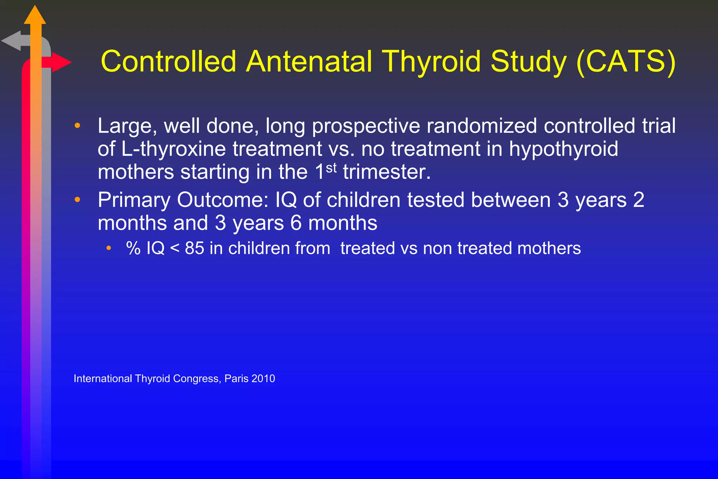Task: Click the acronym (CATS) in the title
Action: [626, 62]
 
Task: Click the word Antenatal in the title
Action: [309, 62]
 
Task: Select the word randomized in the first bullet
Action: [481, 126]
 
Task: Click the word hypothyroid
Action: [563, 149]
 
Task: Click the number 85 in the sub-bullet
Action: [194, 248]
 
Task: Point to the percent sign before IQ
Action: [133, 248]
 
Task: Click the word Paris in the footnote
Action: [236, 379]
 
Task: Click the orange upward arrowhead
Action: [35, 16]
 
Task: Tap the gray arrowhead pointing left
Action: [12, 41]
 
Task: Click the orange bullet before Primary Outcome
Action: [77, 200]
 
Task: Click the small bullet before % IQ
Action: [109, 248]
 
